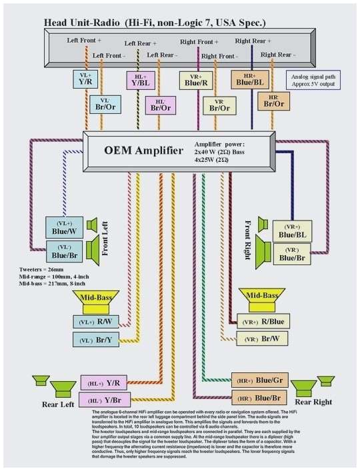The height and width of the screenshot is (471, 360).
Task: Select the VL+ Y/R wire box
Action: click(85, 80)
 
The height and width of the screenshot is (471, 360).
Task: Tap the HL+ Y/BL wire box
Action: click(141, 81)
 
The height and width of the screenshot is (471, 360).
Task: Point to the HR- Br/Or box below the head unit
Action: click(273, 101)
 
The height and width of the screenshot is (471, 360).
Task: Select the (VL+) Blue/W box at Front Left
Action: click(65, 228)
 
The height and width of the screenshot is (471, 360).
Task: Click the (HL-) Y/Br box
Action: click(105, 400)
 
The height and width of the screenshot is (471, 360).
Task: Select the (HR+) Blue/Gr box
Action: click(261, 381)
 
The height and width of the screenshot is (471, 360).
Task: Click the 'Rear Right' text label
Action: click(313, 402)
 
